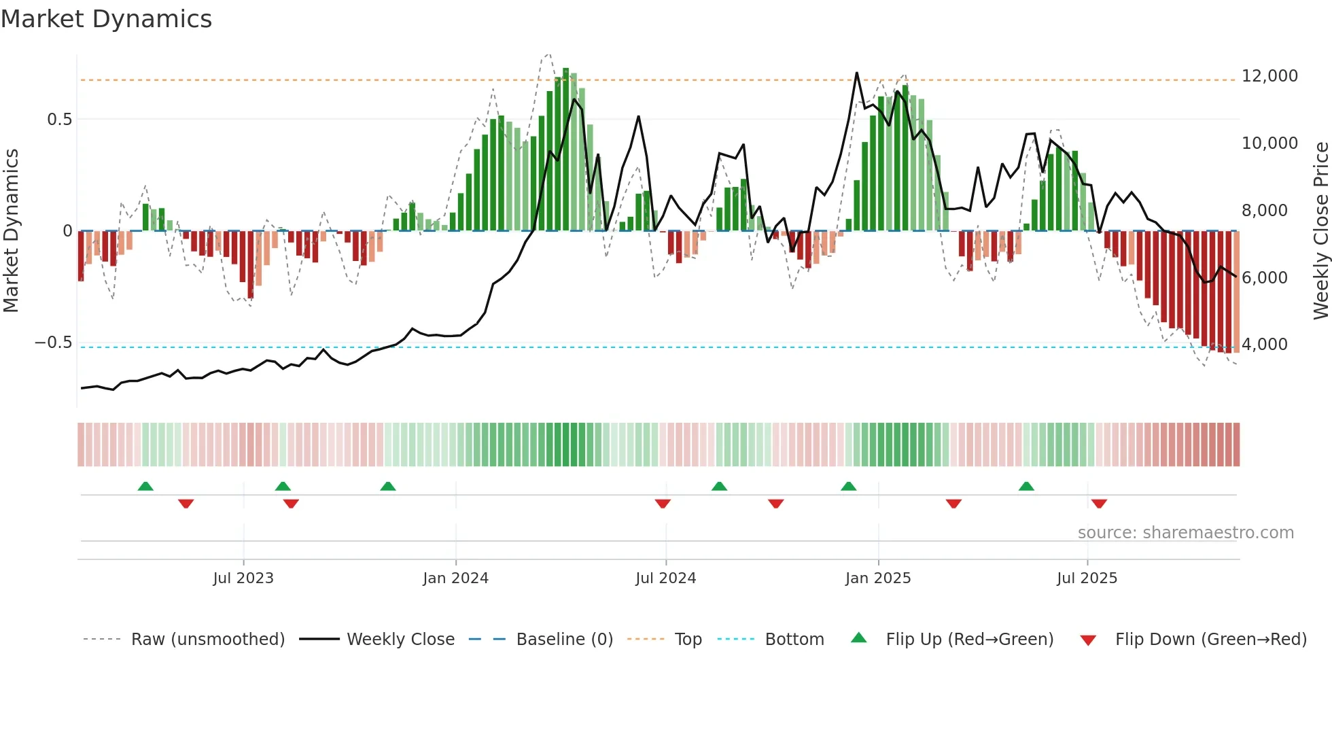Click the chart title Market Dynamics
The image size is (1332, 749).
point(106,19)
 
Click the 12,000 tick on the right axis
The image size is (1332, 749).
point(1269,76)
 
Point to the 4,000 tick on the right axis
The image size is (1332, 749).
point(1264,345)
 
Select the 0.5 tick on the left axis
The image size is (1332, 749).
point(60,120)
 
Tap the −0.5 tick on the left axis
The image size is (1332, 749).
point(54,343)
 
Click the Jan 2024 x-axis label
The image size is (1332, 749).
point(455,578)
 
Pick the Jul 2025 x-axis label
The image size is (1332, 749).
point(1087,578)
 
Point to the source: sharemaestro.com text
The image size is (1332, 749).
point(1185,533)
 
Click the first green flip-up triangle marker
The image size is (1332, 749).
point(145,487)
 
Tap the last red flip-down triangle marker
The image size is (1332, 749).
point(1099,504)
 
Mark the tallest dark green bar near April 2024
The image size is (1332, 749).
point(565,150)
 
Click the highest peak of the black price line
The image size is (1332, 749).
point(856,73)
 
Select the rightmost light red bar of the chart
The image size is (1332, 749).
point(1237,292)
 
